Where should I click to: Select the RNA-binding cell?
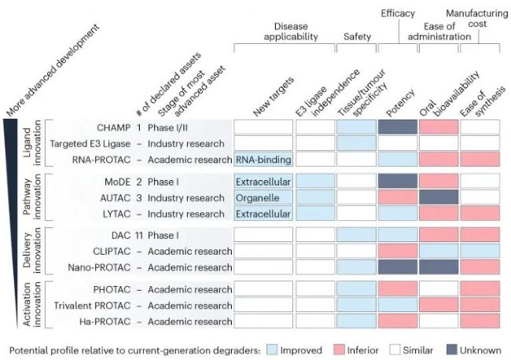pyautogui.click(x=263, y=160)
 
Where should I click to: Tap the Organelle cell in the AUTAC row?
pyautogui.click(x=263, y=197)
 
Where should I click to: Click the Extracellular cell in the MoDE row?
pyautogui.click(x=263, y=182)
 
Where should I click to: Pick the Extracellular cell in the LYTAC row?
pyautogui.click(x=263, y=214)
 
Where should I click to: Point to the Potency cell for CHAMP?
pyautogui.click(x=397, y=127)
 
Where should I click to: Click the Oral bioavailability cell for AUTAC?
pyautogui.click(x=438, y=197)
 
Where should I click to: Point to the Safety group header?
pyautogui.click(x=357, y=36)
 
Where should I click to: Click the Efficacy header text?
pyautogui.click(x=398, y=13)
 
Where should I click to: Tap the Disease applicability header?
pyautogui.click(x=290, y=31)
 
